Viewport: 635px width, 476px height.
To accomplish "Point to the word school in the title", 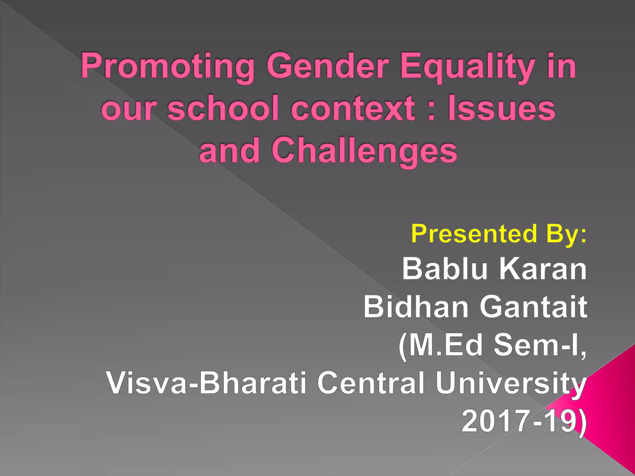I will pos(223,108).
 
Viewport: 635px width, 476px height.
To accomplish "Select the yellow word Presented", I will pos(474,234).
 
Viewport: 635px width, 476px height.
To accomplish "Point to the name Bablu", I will pos(445,269).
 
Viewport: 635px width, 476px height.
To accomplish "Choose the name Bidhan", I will pos(416,307).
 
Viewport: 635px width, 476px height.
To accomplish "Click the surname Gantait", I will pos(533,307).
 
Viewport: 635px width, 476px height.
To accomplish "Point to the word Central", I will pos(371,383).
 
